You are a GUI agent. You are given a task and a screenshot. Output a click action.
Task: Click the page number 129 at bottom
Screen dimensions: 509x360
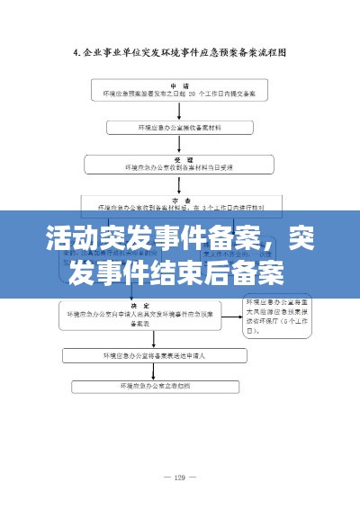(x=180, y=477)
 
